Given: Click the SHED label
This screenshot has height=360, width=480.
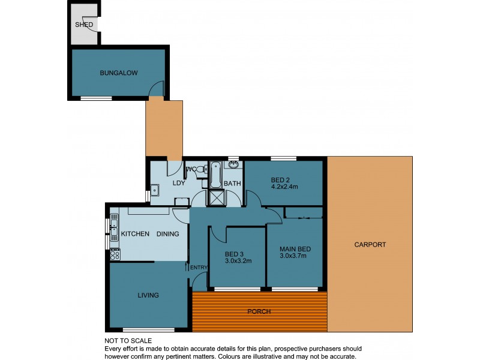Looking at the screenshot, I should (83, 25).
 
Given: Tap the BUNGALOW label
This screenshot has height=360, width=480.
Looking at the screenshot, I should (119, 73).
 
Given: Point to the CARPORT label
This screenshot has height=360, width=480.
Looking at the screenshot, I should (370, 245).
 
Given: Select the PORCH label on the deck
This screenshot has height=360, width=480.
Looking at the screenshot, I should (259, 311).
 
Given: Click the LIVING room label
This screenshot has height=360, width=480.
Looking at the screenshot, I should (148, 295).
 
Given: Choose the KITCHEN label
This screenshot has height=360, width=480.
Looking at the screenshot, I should (135, 234).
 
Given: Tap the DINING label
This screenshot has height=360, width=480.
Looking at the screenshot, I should (168, 234).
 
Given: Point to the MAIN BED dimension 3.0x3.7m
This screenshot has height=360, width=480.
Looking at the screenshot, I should (293, 256).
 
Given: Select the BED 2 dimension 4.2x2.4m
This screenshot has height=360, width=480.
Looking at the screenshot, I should (285, 187).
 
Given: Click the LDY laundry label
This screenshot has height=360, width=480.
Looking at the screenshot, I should (178, 184).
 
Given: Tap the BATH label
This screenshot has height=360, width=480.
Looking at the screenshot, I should (232, 184).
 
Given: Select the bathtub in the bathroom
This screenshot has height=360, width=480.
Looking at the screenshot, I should (215, 174).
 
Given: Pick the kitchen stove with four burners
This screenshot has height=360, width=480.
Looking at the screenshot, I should (114, 254).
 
